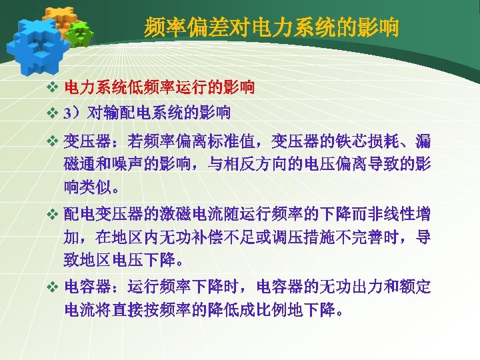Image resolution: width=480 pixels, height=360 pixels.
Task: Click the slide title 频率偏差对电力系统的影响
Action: [x=271, y=28]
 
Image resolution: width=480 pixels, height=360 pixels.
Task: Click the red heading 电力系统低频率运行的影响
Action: [x=159, y=87]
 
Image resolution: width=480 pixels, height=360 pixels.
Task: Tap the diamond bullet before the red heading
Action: [x=54, y=87]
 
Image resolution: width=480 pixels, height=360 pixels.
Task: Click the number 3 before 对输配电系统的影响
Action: [x=68, y=113]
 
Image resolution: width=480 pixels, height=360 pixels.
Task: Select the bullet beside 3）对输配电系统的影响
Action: [x=54, y=113]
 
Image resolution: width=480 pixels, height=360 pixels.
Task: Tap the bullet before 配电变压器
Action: [x=54, y=215]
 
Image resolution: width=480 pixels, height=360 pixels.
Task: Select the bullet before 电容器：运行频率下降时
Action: [x=54, y=288]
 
